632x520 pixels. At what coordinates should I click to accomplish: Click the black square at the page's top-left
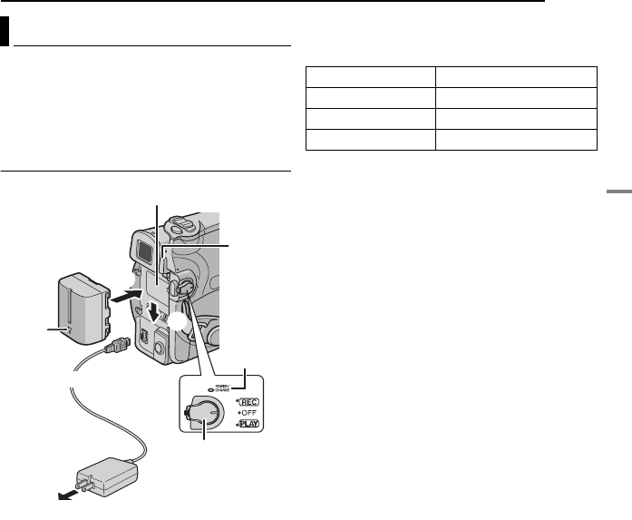[x=5, y=32]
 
